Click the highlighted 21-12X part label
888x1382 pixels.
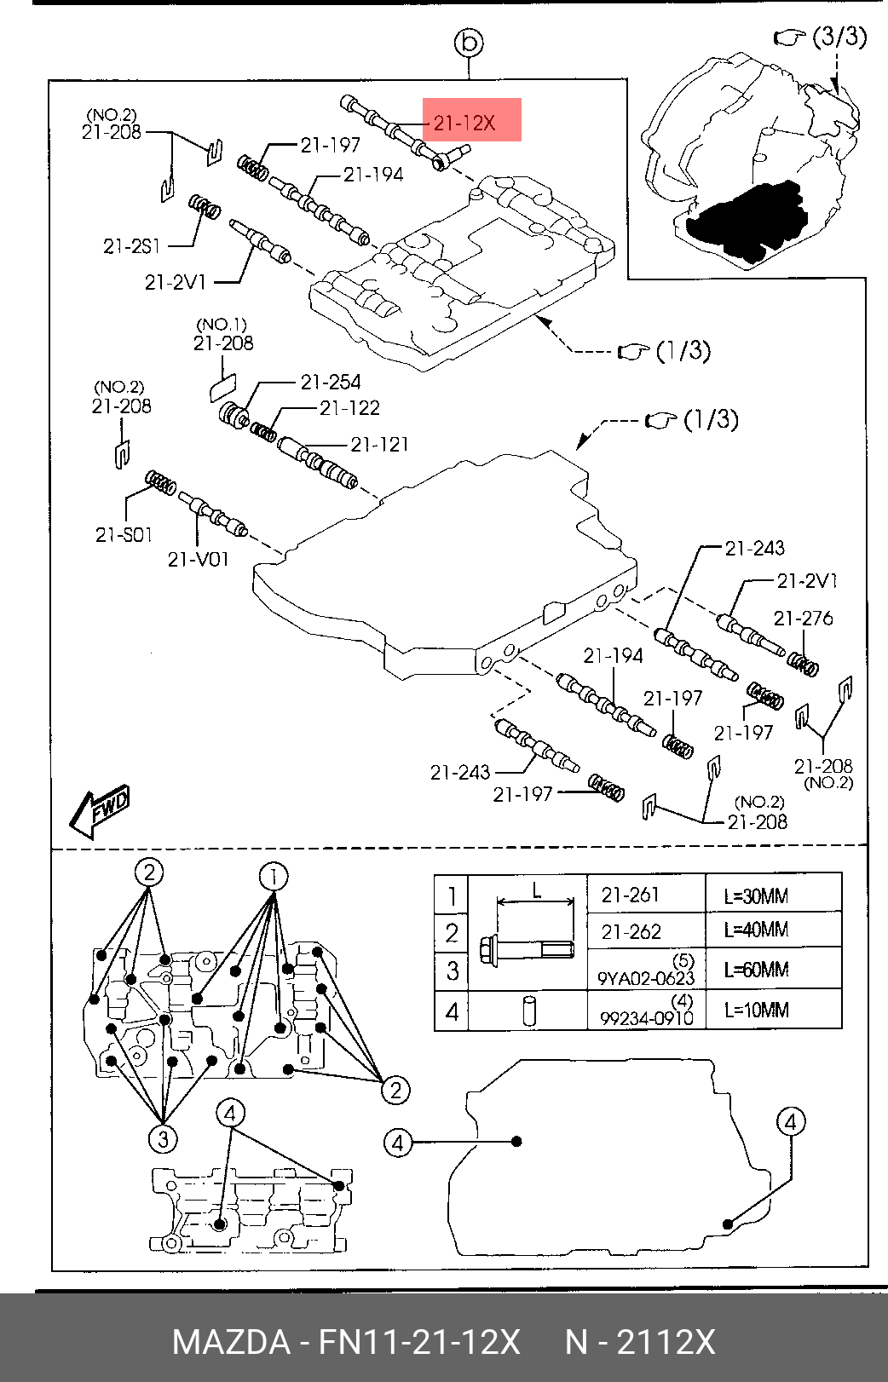click(464, 124)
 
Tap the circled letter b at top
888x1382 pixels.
click(469, 43)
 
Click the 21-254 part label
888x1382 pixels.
click(330, 383)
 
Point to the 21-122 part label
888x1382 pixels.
click(349, 408)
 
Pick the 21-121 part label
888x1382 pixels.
click(379, 444)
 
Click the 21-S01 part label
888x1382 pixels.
click(124, 534)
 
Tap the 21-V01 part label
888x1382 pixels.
click(198, 559)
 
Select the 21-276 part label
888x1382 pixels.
click(803, 619)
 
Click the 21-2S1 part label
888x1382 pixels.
click(131, 247)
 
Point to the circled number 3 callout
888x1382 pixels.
click(163, 1138)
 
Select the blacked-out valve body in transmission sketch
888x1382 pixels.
click(747, 222)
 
